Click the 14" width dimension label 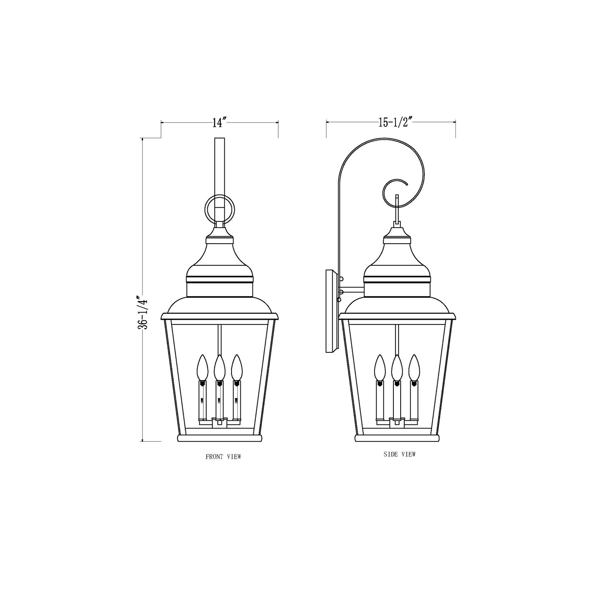point(220,122)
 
